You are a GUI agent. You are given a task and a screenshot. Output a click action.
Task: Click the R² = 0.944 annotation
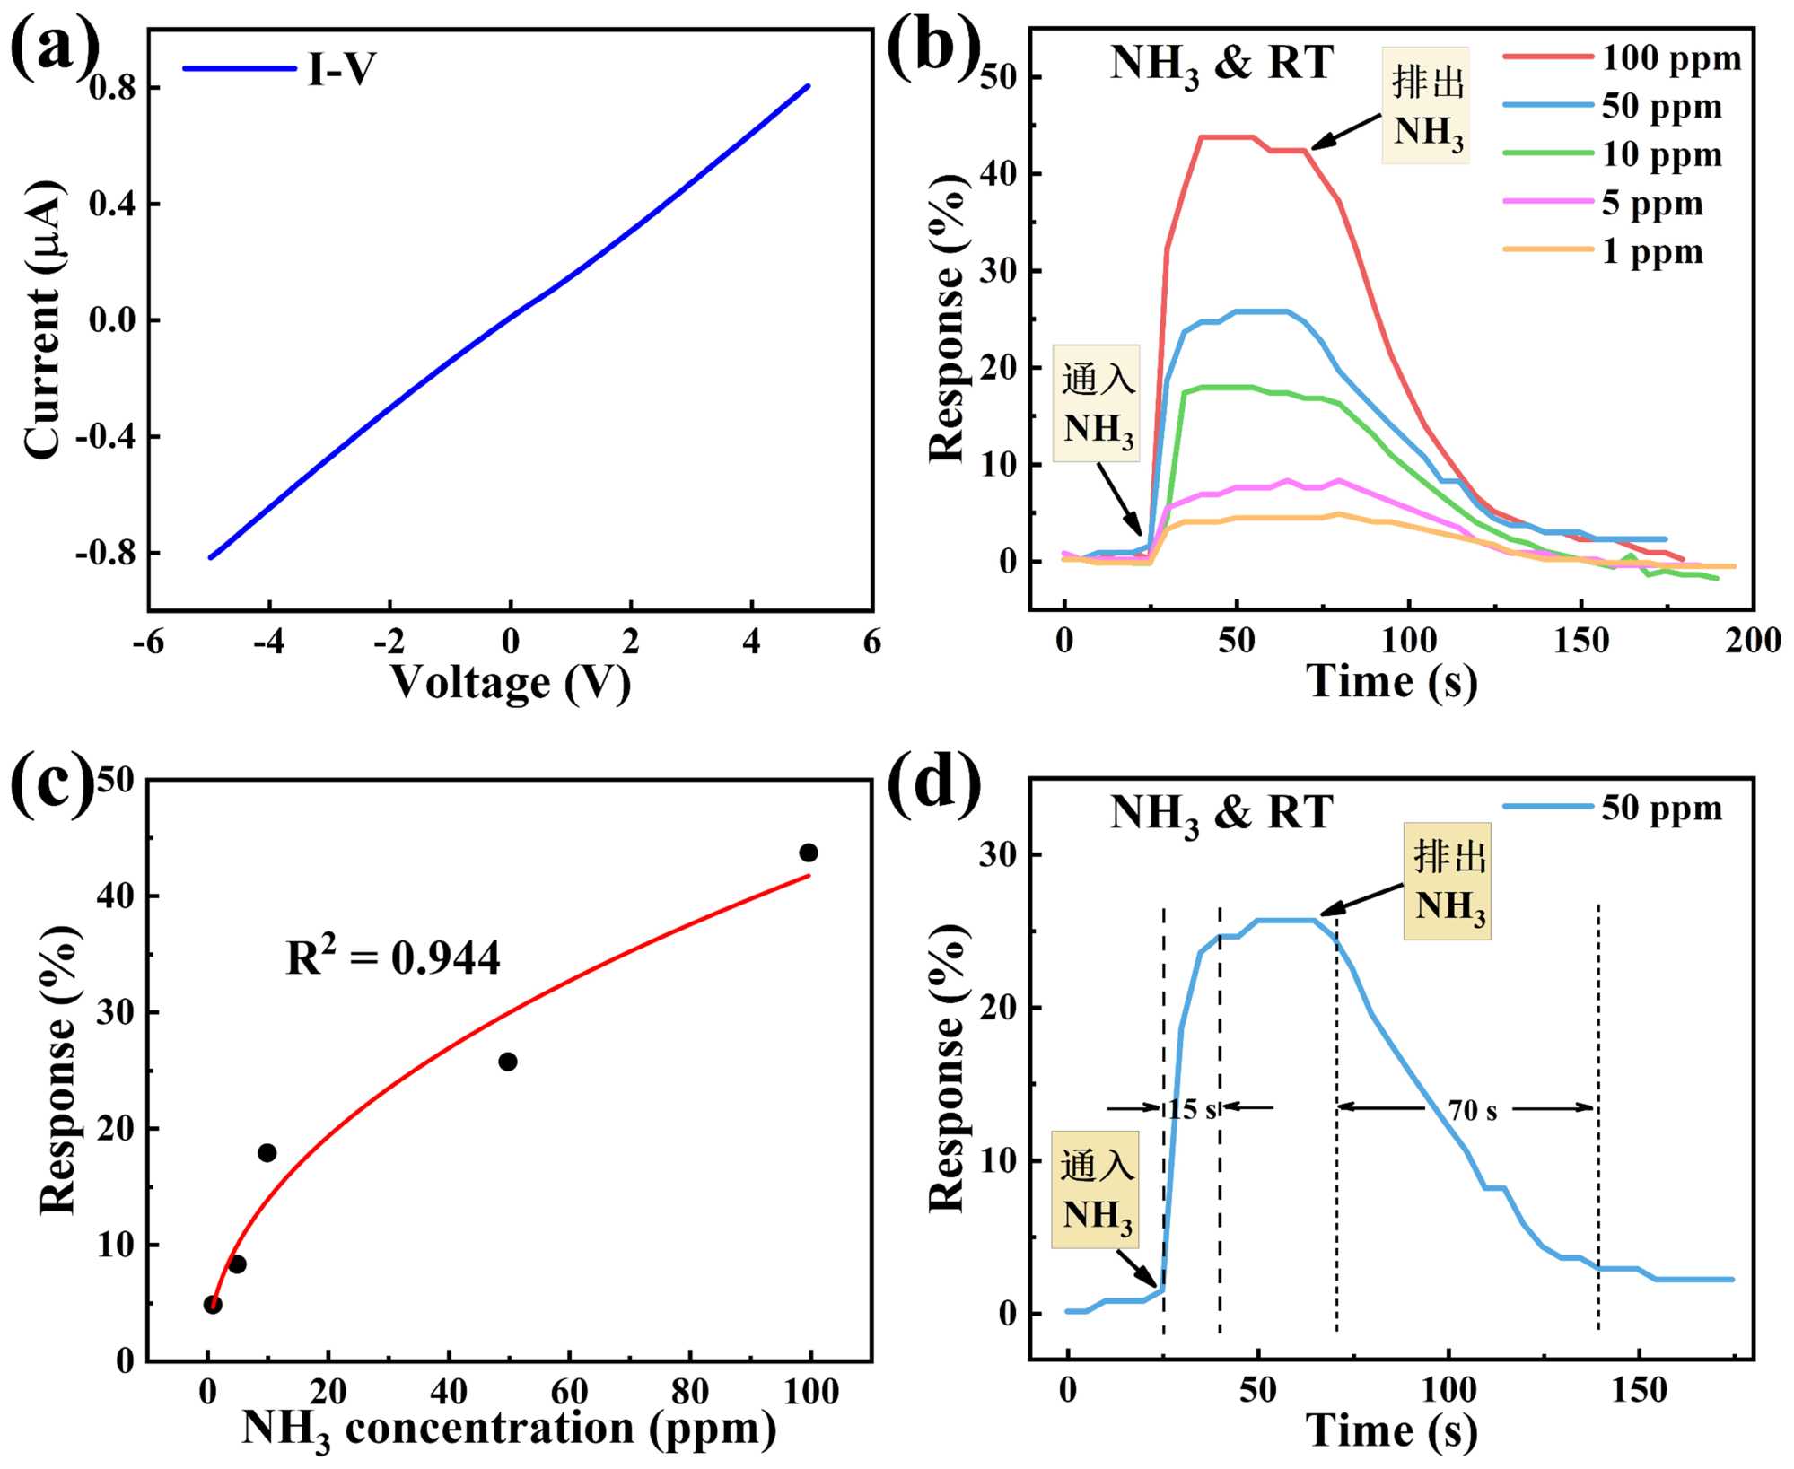[393, 957]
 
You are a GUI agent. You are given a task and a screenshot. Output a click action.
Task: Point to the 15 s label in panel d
[1192, 1109]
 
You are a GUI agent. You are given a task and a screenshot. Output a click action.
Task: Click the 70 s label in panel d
[1472, 1110]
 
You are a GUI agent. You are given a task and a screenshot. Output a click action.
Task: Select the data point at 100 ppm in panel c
[809, 853]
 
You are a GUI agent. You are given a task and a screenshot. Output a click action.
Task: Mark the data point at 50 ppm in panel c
[508, 1062]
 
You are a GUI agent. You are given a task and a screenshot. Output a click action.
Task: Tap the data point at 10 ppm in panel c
[267, 1153]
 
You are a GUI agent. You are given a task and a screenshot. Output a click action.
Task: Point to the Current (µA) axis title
[43, 319]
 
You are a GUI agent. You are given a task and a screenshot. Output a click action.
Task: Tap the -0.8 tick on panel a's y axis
[105, 554]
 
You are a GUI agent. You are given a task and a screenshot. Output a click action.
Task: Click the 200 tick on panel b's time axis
[1753, 641]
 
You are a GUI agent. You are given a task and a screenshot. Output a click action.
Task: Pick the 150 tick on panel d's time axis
[1639, 1391]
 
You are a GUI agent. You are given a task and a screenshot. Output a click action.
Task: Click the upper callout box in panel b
[1426, 106]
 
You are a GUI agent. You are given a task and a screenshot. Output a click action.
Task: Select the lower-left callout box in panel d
[1095, 1190]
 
